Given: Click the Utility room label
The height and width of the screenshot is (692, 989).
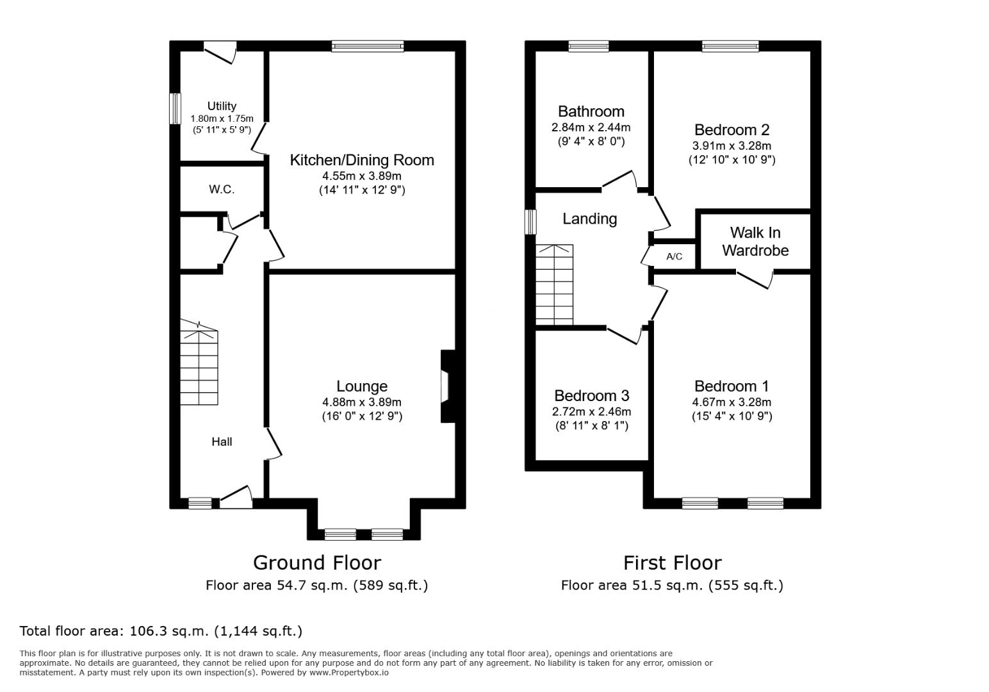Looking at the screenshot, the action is [222, 106].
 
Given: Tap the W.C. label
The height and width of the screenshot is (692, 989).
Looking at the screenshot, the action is [222, 190].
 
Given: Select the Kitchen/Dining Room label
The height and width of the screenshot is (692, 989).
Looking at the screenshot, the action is [362, 160].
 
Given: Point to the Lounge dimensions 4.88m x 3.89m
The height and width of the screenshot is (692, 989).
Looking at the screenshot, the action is [362, 402].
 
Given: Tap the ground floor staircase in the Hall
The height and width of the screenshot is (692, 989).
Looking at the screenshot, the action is [199, 362].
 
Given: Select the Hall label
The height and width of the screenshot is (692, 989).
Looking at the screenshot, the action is [222, 441].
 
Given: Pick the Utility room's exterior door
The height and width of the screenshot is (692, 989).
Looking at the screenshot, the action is [220, 52].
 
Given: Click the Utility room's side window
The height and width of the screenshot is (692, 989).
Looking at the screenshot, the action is [176, 108].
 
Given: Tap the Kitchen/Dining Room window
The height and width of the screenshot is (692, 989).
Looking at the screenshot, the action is [368, 46].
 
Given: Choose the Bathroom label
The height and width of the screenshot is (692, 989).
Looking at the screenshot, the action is [591, 111].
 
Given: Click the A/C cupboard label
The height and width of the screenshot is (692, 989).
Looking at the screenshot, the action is [674, 256].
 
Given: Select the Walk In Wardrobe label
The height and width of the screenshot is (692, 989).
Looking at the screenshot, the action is [755, 242].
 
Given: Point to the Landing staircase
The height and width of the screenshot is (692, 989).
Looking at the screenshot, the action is [555, 285].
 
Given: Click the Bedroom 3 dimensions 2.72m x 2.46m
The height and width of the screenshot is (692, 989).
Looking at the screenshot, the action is [592, 411].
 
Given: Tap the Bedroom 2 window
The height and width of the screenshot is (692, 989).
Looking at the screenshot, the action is [730, 46].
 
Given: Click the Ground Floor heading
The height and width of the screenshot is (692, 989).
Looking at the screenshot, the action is [317, 563].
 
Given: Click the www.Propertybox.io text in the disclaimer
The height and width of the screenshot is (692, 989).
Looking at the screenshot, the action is [349, 673].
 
